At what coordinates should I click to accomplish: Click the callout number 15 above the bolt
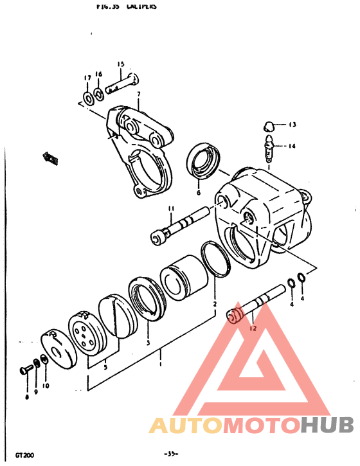(120, 64)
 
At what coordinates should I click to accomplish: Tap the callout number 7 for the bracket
(138, 95)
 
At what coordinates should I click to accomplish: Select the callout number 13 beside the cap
(291, 124)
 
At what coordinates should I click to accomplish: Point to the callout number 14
(292, 146)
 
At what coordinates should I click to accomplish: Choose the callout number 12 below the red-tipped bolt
(253, 328)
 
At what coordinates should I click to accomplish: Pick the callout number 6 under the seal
(198, 192)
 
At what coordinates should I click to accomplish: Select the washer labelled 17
(87, 98)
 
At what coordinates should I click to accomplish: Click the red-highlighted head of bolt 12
(235, 315)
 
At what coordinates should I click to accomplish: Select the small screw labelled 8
(26, 370)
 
